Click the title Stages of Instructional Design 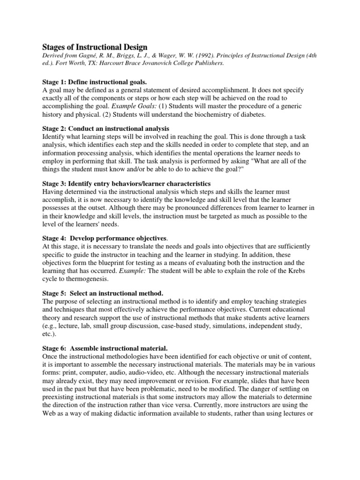point(95,47)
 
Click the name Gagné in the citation point(97,56)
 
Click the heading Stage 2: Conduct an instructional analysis point(106,128)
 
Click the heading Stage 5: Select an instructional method point(104,292)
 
